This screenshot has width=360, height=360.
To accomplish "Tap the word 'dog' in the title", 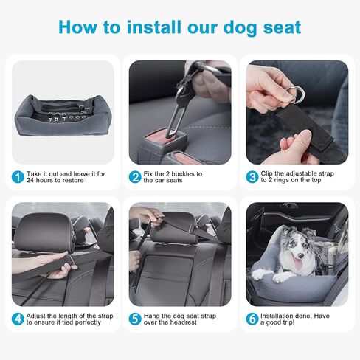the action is pos(240,27).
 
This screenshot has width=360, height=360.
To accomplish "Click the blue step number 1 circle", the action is pos(18,177).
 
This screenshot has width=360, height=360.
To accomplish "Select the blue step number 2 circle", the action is pos(135,177).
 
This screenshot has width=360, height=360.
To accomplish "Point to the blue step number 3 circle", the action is pos(252,177).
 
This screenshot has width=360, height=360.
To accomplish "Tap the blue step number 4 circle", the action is pos(18,319).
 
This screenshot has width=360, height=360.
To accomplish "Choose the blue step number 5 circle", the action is pos(135,319).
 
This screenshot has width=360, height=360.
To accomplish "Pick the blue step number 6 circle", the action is pos(252,319).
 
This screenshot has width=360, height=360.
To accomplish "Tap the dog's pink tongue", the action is pos(298,266).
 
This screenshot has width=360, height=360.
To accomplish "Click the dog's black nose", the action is pos(300,256).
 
